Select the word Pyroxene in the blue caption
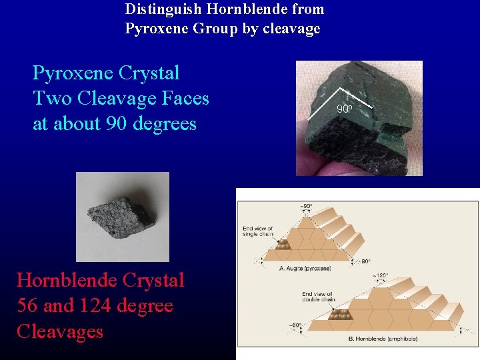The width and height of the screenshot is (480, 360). tap(73, 73)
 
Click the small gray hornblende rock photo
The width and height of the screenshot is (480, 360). tap(123, 217)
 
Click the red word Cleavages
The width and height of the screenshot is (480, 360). tap(60, 331)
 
